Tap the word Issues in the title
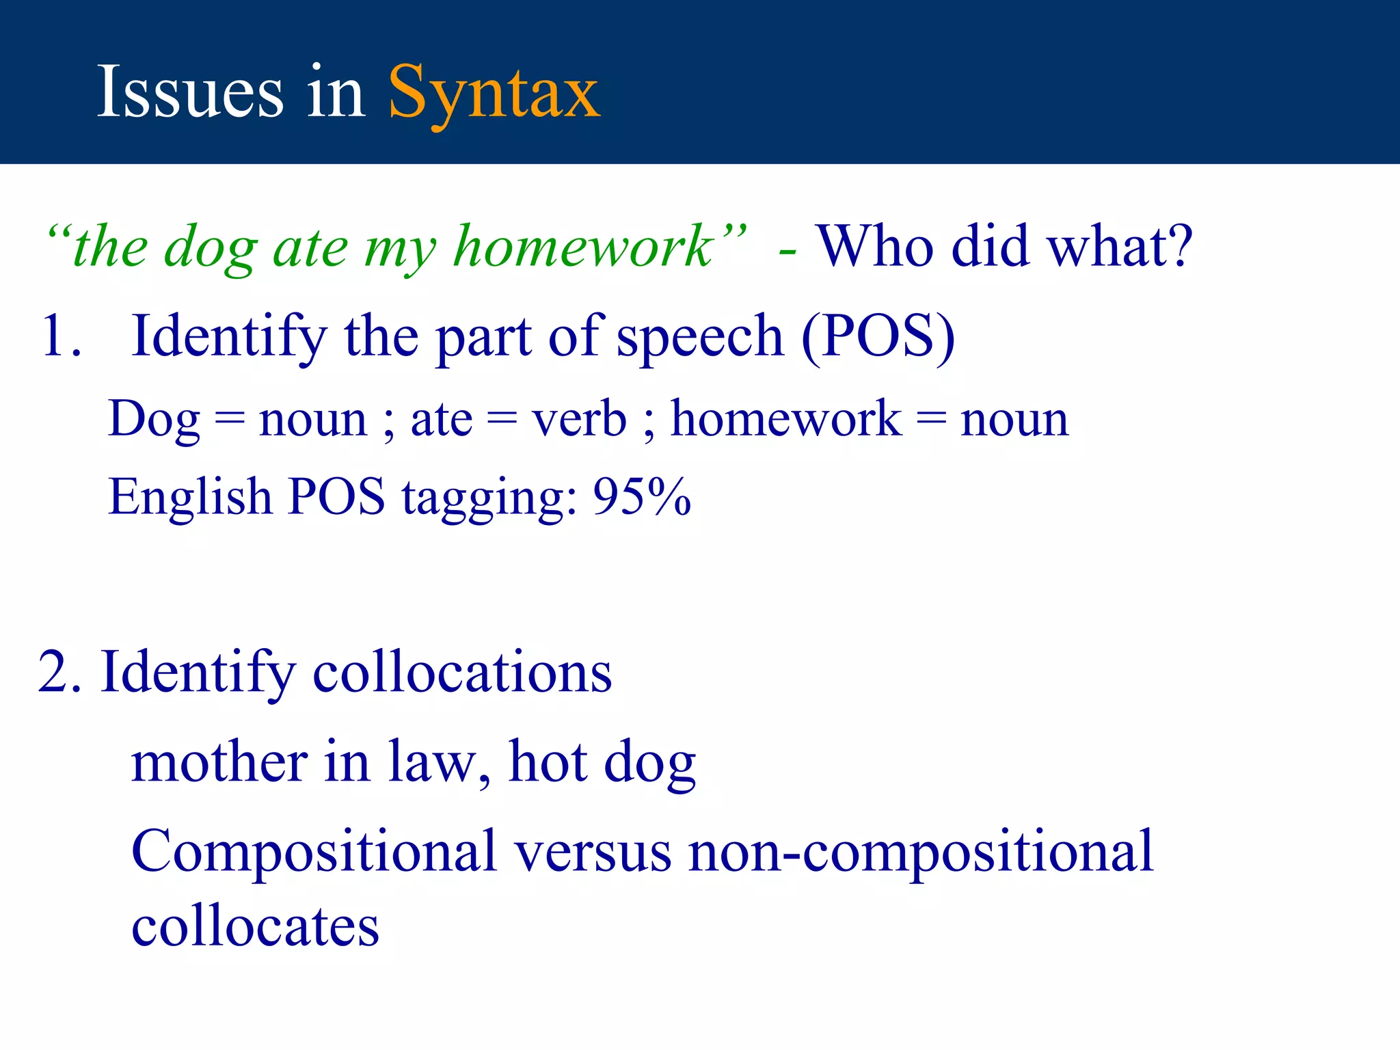(x=190, y=92)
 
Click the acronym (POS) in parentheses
(x=878, y=336)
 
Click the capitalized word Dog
(x=154, y=419)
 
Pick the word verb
(x=579, y=418)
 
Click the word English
(x=190, y=497)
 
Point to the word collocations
(x=462, y=672)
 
